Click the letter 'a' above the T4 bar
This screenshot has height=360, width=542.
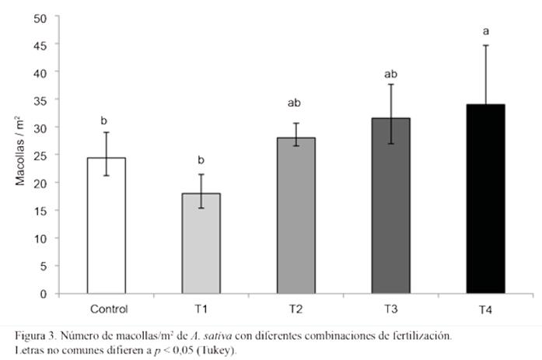pos(485,31)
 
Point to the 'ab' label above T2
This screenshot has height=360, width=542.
pos(295,103)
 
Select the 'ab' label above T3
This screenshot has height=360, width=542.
pos(390,75)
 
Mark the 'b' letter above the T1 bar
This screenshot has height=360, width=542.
pos(201,160)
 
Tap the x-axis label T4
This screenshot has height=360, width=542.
pos(485,309)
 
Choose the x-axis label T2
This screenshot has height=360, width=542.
pos(295,308)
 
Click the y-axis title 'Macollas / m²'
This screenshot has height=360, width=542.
pos(21,156)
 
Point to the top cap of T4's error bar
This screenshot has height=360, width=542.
pos(485,45)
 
